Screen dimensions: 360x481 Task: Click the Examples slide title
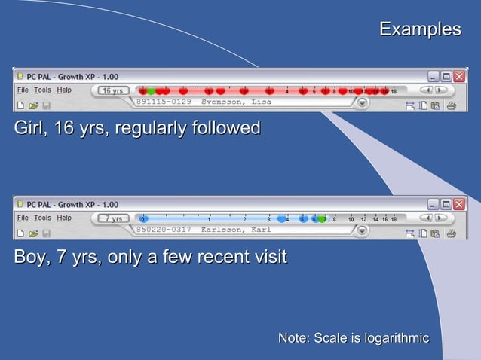tap(419, 29)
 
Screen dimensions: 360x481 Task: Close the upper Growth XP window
tap(458, 77)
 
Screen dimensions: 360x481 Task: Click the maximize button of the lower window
tap(446, 204)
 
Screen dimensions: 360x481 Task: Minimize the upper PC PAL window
tap(434, 77)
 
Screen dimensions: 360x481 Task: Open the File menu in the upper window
tap(23, 90)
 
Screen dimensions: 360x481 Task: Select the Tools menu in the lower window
tap(42, 218)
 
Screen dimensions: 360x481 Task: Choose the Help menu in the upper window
tap(64, 90)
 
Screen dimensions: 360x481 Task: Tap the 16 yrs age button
tap(112, 91)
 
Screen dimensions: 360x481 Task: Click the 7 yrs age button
tap(113, 219)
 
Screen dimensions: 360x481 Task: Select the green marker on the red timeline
tap(151, 91)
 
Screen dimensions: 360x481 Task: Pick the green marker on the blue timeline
tap(322, 219)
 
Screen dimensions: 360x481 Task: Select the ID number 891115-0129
tap(164, 102)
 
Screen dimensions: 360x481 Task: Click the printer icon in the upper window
tap(451, 106)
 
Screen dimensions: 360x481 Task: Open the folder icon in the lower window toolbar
tap(33, 234)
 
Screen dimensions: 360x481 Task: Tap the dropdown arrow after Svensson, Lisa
tap(362, 103)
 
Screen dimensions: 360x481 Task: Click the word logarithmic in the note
tap(397, 338)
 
